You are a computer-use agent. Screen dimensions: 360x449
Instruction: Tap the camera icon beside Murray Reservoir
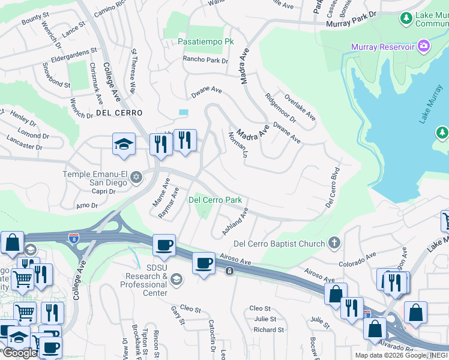click(x=424, y=46)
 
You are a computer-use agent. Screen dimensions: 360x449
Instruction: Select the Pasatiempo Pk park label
click(x=205, y=43)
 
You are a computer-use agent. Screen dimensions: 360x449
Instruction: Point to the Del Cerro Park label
click(x=215, y=200)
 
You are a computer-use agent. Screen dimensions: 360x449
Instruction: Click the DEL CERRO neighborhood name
click(x=119, y=113)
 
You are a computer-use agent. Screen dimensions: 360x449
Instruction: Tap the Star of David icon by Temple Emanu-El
click(x=136, y=176)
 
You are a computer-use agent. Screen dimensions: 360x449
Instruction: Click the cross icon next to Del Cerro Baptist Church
click(x=334, y=244)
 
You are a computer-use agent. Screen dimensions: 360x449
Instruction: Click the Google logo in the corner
click(x=19, y=353)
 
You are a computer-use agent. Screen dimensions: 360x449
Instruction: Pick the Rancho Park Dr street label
click(x=205, y=60)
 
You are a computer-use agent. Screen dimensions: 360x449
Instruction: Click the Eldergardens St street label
click(x=74, y=52)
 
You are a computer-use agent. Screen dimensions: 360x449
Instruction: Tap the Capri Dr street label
click(x=103, y=192)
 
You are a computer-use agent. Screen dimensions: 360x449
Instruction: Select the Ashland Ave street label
click(x=235, y=221)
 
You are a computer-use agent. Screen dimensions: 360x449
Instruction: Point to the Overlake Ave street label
click(x=300, y=107)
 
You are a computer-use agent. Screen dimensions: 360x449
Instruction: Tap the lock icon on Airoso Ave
click(x=229, y=272)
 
